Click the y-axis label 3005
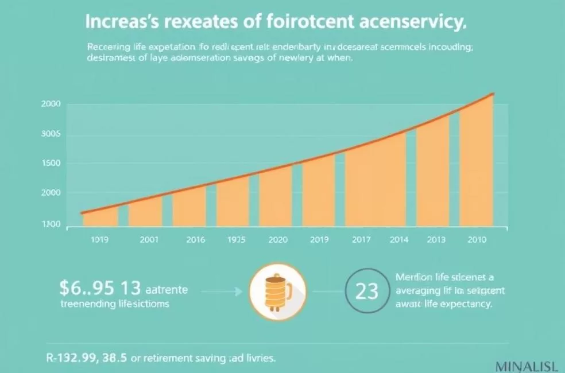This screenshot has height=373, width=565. tap(51, 136)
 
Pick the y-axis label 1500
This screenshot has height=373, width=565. tap(51, 164)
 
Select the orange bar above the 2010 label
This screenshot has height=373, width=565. tap(477, 166)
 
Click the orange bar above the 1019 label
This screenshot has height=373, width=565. tap(100, 217)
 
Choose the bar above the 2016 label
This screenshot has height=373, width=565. tap(189, 207)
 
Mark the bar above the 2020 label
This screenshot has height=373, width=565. tap(276, 195)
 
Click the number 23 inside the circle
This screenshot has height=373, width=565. tap(367, 292)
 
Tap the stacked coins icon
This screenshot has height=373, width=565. tap(277, 291)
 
